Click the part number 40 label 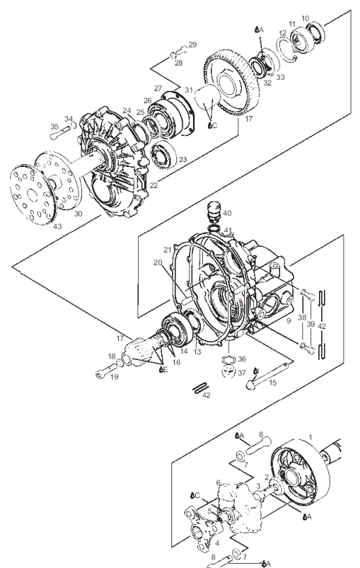(x=227, y=213)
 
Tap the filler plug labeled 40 (x=214, y=212)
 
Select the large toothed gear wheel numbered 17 (x=231, y=83)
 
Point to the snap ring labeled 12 (x=288, y=50)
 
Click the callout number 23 (x=183, y=159)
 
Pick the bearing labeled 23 (x=163, y=155)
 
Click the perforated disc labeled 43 (x=32, y=194)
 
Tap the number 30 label (x=78, y=214)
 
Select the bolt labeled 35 (x=62, y=132)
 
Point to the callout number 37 (x=242, y=373)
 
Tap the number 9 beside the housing (x=289, y=320)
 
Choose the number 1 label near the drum (x=310, y=437)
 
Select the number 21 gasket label (x=167, y=250)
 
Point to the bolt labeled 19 (x=107, y=371)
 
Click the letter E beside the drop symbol (x=166, y=369)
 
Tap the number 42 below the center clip (x=206, y=395)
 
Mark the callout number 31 (x=189, y=90)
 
